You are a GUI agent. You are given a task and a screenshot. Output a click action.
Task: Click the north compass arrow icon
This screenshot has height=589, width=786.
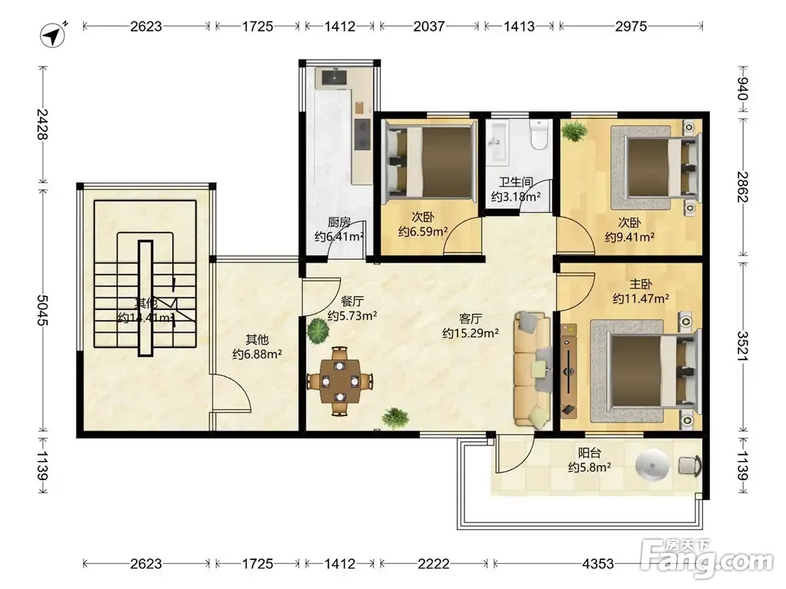click(x=52, y=35)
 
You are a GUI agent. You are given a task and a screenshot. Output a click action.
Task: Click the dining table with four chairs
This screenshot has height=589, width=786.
click(x=340, y=381)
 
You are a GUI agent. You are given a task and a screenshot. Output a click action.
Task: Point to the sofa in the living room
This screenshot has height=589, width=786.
click(x=531, y=370)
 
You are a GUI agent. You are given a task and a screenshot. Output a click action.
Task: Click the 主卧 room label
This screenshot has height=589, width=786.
click(x=641, y=284)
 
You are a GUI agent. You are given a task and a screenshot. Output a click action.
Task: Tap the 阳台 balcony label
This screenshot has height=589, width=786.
click(x=589, y=454)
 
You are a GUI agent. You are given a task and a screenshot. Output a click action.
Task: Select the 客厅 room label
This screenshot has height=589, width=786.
click(x=470, y=319)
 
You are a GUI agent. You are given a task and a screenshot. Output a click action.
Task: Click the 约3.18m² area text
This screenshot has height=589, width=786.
click(x=516, y=197)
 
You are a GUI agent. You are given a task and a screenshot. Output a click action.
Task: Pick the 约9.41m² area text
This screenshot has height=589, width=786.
click(x=630, y=237)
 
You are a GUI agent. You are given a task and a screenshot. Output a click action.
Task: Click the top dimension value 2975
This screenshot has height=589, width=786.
click(x=631, y=26)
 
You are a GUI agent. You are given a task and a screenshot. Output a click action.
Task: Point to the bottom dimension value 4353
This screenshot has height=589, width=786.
click(x=597, y=564)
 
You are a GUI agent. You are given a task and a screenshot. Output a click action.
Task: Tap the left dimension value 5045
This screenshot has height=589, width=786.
click(x=42, y=310)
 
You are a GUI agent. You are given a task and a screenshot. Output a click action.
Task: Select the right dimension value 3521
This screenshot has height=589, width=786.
click(x=743, y=346)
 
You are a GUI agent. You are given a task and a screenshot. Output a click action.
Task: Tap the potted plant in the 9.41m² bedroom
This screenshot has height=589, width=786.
click(x=575, y=132)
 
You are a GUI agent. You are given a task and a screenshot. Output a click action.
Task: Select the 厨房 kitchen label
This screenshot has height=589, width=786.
click(x=339, y=222)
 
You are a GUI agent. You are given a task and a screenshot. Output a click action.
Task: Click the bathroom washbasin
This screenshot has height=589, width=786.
click(x=497, y=142)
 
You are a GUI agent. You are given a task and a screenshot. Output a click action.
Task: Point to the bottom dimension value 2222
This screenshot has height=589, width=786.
click(x=433, y=564)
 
